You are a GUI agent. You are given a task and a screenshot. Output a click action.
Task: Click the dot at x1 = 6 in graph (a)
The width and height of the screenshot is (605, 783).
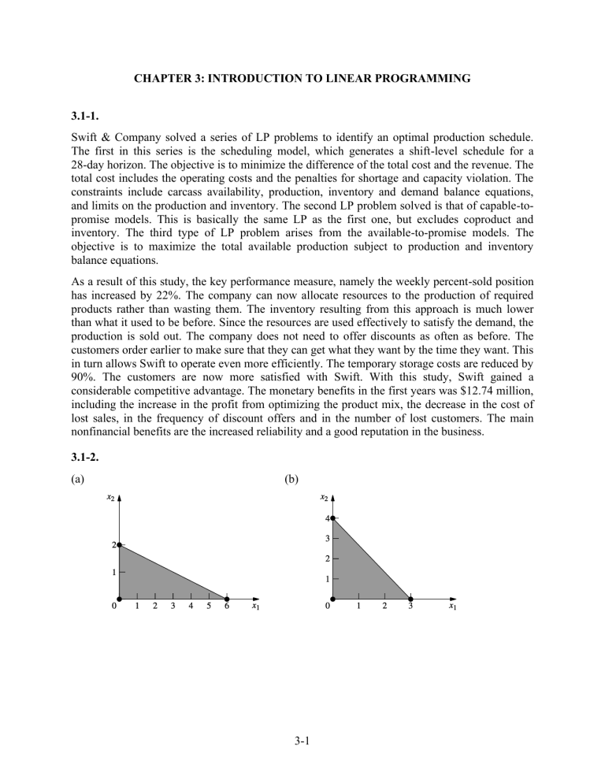226,597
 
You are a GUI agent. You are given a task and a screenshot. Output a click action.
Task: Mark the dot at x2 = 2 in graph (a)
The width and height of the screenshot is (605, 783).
120,545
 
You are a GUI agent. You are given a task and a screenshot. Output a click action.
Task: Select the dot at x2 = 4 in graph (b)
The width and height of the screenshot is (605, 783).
333,518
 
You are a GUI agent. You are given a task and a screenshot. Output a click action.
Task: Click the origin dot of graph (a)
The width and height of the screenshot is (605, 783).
120,597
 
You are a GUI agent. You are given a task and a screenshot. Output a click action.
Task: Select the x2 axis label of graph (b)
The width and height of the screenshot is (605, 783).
324,498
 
